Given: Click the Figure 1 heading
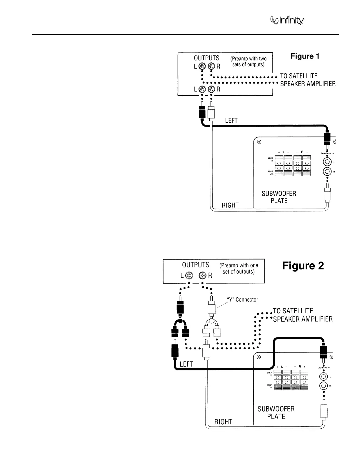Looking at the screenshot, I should click(x=305, y=56).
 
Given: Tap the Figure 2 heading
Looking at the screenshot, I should click(x=303, y=266).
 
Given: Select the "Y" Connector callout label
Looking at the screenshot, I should click(x=242, y=299).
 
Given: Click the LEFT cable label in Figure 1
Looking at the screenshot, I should click(x=231, y=120).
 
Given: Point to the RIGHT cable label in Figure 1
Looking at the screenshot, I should click(x=230, y=205).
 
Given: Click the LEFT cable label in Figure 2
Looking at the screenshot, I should click(x=186, y=364).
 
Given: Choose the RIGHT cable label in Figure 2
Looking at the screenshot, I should click(x=223, y=422).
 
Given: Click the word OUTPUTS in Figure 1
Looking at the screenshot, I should click(x=206, y=58).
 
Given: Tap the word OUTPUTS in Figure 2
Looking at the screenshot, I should click(x=196, y=265).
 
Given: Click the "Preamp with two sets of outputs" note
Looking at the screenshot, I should click(x=248, y=61).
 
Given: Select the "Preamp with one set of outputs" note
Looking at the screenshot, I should click(x=239, y=268).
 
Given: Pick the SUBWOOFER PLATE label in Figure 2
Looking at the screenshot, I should click(x=276, y=412).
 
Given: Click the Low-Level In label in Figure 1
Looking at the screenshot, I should click(x=327, y=153).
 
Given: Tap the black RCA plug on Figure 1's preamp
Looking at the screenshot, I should click(x=202, y=113).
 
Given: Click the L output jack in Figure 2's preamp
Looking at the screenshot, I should click(x=189, y=275).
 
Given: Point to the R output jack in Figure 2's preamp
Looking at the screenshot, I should click(x=203, y=275).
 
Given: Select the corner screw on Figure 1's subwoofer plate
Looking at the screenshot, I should click(x=259, y=142).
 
